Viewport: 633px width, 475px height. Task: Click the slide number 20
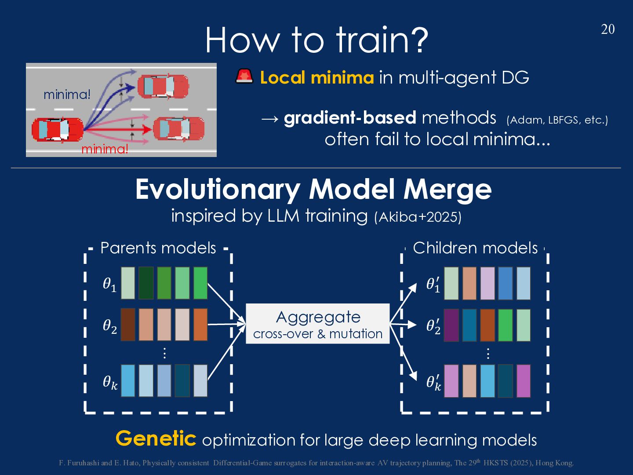tap(608, 29)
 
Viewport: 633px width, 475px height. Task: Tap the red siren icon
tap(244, 77)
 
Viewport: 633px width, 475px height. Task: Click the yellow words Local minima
tap(316, 78)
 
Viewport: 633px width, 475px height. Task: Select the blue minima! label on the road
tap(67, 95)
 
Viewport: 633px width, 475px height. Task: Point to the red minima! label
tap(105, 149)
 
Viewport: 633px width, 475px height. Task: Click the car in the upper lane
tap(163, 86)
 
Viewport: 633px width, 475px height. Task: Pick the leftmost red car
tap(57, 129)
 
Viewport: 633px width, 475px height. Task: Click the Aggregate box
tap(317, 324)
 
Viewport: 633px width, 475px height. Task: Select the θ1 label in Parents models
tap(109, 285)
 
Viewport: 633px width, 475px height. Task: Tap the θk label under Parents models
tap(110, 382)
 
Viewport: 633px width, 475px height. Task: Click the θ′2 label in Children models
tap(433, 326)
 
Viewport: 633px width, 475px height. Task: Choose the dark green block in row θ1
tap(146, 283)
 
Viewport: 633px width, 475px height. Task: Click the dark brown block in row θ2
tap(128, 325)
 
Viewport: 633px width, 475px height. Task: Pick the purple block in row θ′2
tap(451, 325)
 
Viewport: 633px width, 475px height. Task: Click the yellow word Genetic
tap(156, 438)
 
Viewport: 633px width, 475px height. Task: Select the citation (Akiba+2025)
tap(418, 217)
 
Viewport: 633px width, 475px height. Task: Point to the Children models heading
tap(475, 248)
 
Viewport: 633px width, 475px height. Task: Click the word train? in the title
tap(382, 40)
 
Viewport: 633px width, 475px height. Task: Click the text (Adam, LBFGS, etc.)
tap(557, 120)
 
